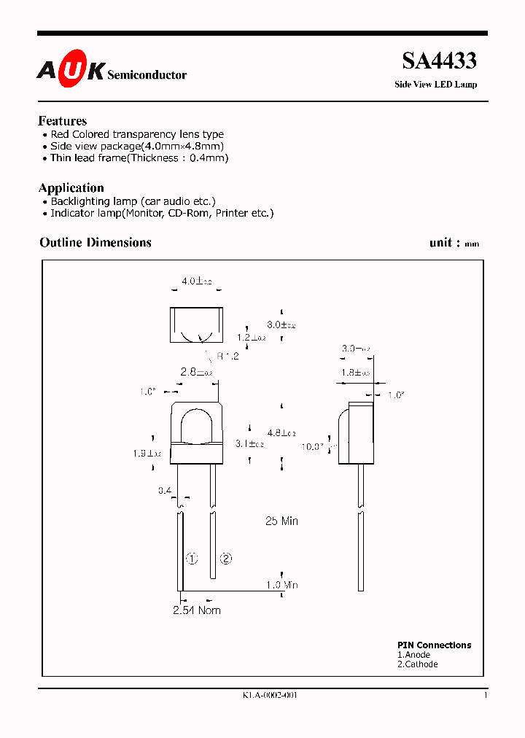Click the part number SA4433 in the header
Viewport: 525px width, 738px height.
[x=440, y=61]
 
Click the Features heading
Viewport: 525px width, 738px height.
[x=63, y=121]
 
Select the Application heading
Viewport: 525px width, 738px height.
[x=71, y=187]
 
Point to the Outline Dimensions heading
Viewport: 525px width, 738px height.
[x=96, y=243]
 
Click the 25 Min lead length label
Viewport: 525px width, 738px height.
[x=281, y=521]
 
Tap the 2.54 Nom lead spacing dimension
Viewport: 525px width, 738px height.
[x=196, y=610]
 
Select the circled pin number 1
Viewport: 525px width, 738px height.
[x=192, y=559]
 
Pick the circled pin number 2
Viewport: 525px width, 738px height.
[x=226, y=559]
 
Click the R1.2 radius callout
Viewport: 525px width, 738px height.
[x=227, y=356]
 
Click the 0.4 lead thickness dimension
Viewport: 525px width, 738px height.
[x=165, y=491]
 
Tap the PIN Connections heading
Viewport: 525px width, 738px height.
[x=434, y=645]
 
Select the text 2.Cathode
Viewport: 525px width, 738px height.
[x=418, y=664]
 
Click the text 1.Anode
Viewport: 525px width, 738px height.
[x=413, y=655]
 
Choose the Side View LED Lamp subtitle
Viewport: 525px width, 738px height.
[x=435, y=85]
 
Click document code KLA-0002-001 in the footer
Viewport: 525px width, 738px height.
[x=271, y=695]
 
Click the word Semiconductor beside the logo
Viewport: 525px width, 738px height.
[x=147, y=75]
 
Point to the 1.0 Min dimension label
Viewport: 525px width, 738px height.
[x=281, y=585]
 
